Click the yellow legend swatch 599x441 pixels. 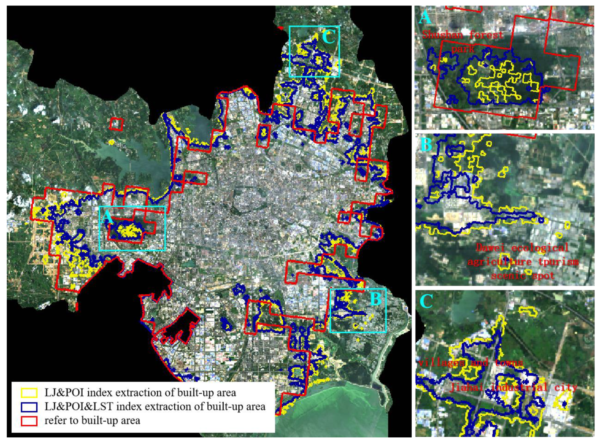pos(29,393)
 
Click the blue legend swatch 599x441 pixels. pos(29,407)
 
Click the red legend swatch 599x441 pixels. pos(29,420)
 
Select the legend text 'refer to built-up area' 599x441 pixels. pos(92,420)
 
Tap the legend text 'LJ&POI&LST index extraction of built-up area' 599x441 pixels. pos(155,407)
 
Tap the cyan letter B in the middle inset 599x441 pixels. pos(427,144)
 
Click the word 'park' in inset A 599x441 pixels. pos(463,49)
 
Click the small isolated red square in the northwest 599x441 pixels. pos(117,124)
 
